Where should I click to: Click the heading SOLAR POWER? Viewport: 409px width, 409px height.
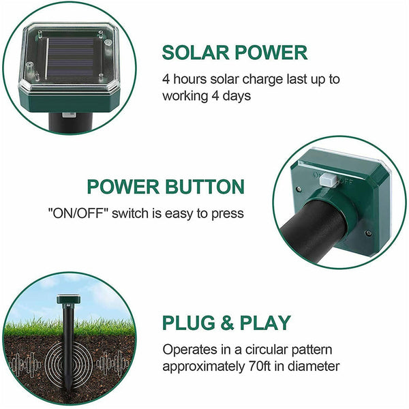(234, 52)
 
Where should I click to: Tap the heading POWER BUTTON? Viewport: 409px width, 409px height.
(166, 187)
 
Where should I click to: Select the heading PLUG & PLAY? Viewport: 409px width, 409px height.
(226, 322)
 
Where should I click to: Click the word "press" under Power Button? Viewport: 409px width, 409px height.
(227, 213)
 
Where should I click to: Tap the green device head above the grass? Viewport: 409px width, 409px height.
(68, 300)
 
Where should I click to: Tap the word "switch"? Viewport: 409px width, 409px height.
(130, 213)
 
